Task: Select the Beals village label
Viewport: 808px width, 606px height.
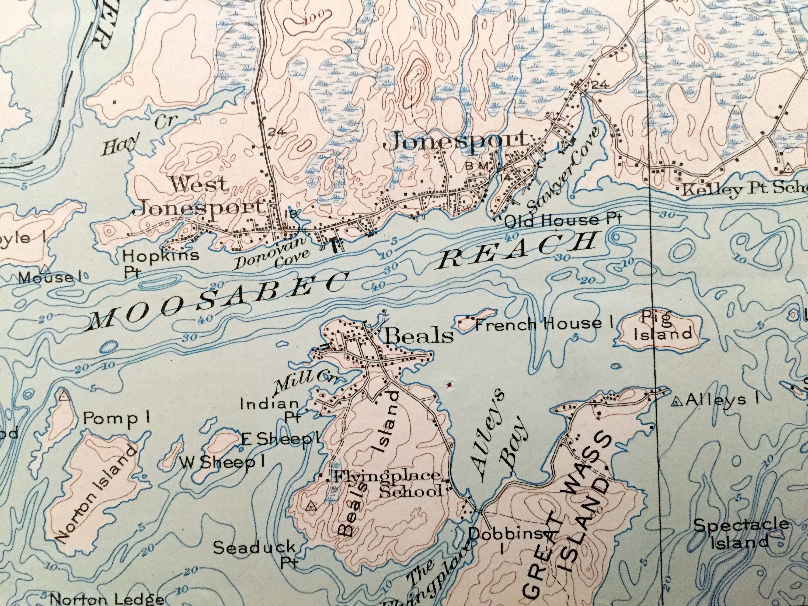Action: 419,335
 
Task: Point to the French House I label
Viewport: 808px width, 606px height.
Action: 542,324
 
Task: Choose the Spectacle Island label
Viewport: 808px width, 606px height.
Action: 741,533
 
